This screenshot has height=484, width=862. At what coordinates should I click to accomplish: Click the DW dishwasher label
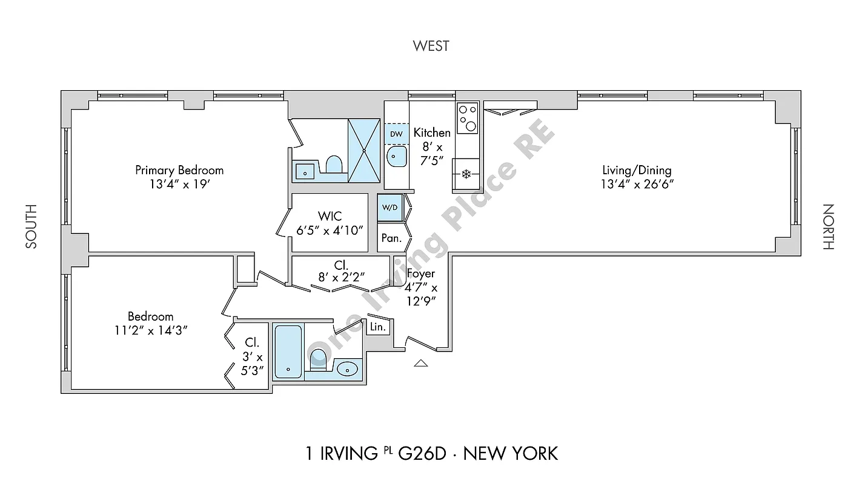[x=396, y=134]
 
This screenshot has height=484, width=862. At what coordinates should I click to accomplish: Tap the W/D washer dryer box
[x=390, y=208]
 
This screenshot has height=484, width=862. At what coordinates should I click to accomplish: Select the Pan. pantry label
[x=391, y=238]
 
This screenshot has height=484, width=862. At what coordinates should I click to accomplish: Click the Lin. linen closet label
[x=377, y=327]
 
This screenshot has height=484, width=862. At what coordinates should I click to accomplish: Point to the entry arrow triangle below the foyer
[x=420, y=363]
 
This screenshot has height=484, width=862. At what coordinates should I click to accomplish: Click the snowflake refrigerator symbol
[x=466, y=174]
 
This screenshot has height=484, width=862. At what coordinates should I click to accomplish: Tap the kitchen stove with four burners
[x=467, y=118]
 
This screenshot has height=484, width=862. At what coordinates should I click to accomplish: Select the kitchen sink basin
[x=397, y=157]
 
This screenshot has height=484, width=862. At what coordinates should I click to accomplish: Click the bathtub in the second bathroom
[x=288, y=352]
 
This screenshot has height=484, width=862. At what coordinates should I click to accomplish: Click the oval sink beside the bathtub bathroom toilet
[x=347, y=368]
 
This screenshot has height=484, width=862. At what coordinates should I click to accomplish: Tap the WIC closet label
[x=330, y=216]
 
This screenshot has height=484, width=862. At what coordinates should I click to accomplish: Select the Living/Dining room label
[x=636, y=171]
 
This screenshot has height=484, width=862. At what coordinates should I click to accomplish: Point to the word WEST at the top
[x=431, y=46]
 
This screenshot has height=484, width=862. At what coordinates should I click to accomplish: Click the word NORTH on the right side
[x=828, y=226]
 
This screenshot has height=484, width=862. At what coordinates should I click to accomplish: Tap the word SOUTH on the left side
[x=31, y=226]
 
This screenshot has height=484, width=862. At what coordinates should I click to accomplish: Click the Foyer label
[x=420, y=273]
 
